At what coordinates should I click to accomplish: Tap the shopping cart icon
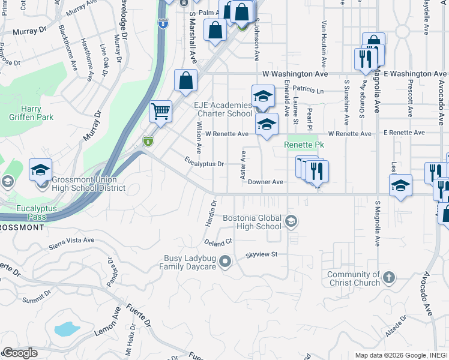(x=160, y=111)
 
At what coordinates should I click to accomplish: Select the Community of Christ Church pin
(x=389, y=277)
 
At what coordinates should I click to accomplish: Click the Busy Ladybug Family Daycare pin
(x=225, y=261)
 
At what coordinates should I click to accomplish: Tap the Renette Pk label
(x=304, y=145)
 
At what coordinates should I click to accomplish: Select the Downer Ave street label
(x=265, y=182)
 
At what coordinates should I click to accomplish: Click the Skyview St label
(x=261, y=254)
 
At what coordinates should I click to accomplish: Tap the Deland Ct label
(x=217, y=242)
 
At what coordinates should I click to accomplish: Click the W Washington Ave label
(x=295, y=74)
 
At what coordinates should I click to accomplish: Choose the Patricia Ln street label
(x=308, y=91)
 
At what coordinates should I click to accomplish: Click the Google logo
(x=20, y=353)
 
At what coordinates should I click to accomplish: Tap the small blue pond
(x=66, y=329)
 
